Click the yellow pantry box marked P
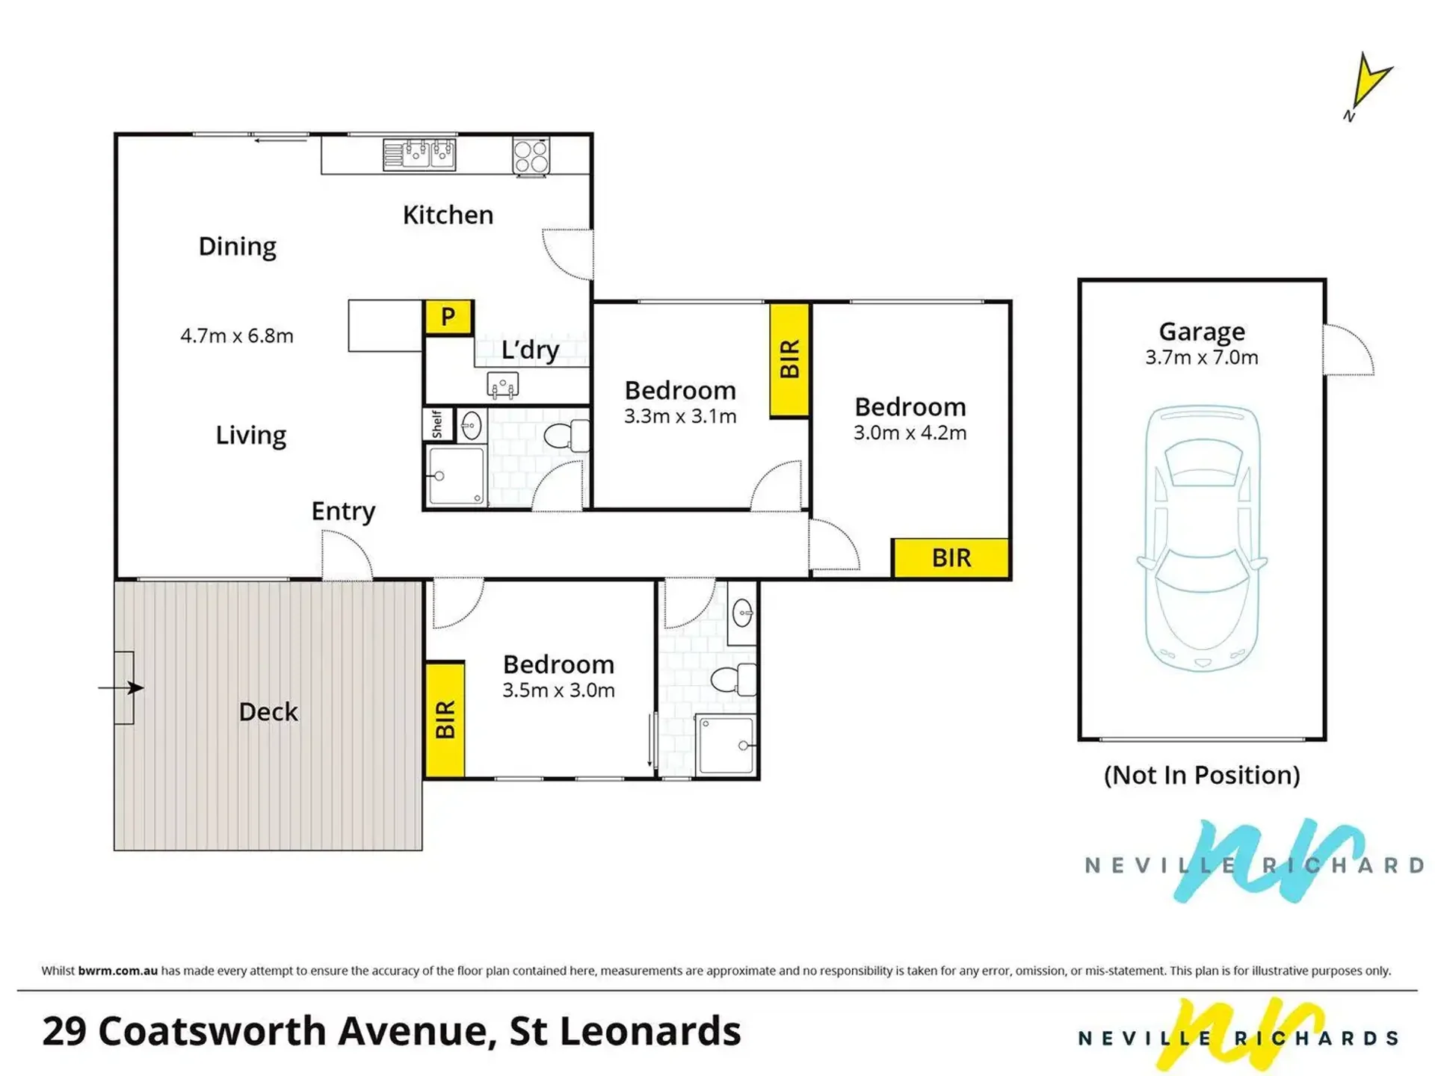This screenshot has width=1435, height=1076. pos(448,317)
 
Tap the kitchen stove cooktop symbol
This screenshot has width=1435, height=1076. pos(531,157)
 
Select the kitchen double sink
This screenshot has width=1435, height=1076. pos(419,155)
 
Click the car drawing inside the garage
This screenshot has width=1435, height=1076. pos(1202,538)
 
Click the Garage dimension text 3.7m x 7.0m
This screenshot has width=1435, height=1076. pos(1202,357)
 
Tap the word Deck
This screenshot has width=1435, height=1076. pos(268,711)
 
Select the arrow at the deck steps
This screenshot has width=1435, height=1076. pos(121,687)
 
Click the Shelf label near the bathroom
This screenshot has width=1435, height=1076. pos(437,424)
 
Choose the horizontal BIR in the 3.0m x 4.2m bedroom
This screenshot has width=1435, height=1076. pos(951,557)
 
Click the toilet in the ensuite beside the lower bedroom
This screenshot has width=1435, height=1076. pos(733,679)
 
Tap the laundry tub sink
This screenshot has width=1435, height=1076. pos(503,385)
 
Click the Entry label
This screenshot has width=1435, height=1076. pos(343,511)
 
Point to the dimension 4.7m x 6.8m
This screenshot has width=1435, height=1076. pos(237,336)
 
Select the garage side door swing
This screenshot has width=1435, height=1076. pos(1348,349)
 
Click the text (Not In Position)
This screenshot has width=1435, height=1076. pos(1202,775)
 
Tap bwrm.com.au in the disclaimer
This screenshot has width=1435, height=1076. pos(118,971)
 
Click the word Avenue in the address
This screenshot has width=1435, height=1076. pos(417,1031)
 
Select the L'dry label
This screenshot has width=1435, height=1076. pos(530,350)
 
